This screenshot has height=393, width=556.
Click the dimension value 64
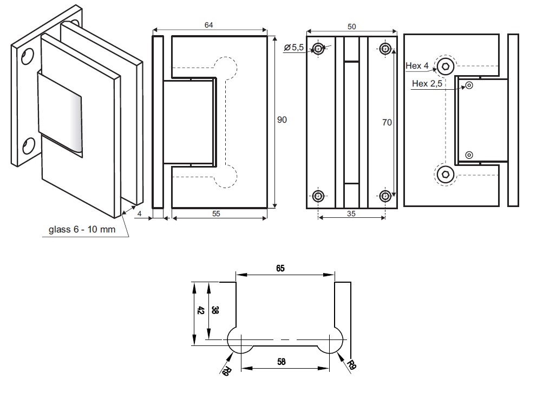[x=208, y=25]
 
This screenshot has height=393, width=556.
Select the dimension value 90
[x=282, y=120]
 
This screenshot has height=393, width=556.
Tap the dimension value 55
[x=215, y=214]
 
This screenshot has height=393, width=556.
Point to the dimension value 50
[x=351, y=26]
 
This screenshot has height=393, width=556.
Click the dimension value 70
[x=387, y=123]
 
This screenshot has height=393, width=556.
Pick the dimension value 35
[x=351, y=214]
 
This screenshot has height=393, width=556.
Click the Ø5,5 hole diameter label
[x=295, y=48]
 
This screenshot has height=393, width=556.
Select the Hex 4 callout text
[x=417, y=66]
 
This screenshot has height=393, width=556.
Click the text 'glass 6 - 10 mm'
[x=82, y=229]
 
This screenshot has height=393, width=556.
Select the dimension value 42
[x=200, y=310]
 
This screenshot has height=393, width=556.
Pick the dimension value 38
[x=215, y=310]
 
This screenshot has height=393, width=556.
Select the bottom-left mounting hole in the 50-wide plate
[x=319, y=196]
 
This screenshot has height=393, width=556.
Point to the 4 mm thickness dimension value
[x=140, y=214]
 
